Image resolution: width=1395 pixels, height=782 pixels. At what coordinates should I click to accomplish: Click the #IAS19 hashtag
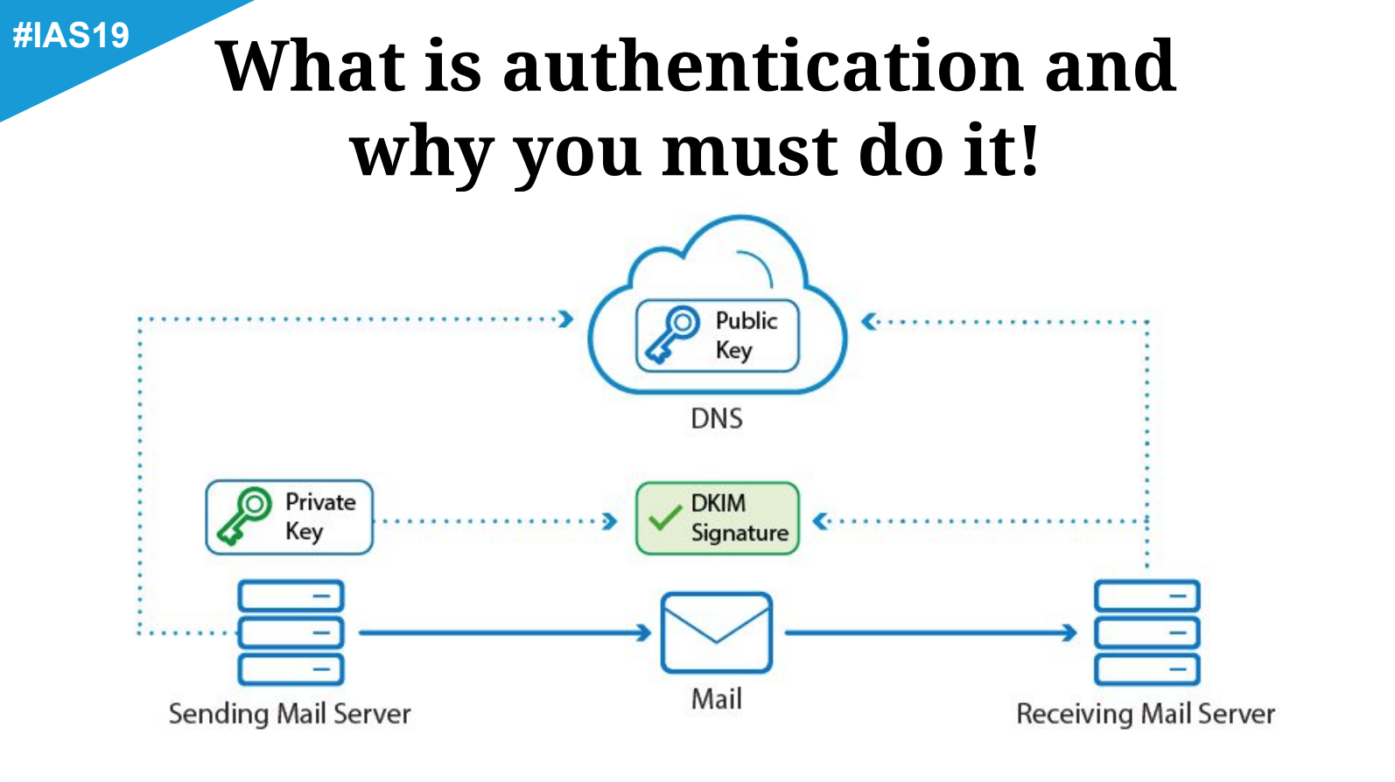pyautogui.click(x=71, y=35)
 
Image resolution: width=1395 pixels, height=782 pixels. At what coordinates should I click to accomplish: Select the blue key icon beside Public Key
pyautogui.click(x=671, y=335)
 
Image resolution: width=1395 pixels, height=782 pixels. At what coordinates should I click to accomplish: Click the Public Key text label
pyautogui.click(x=746, y=335)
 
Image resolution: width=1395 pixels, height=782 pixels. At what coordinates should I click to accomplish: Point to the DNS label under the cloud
pyautogui.click(x=716, y=419)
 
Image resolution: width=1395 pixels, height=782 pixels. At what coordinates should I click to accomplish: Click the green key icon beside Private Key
pyautogui.click(x=244, y=516)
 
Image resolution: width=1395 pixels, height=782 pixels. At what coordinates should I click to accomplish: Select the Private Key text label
pyautogui.click(x=319, y=516)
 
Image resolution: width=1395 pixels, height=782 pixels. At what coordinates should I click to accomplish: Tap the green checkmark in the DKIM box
pyautogui.click(x=664, y=518)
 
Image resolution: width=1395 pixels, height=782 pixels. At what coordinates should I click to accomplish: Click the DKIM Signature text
pyautogui.click(x=739, y=518)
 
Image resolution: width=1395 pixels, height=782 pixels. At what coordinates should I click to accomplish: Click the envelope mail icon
pyautogui.click(x=716, y=632)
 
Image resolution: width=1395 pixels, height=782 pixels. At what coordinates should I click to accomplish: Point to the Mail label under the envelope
pyautogui.click(x=716, y=699)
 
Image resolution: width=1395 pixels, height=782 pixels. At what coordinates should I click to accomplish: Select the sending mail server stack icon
pyautogui.click(x=291, y=632)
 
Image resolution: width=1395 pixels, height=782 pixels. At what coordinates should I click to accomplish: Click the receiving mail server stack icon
pyautogui.click(x=1146, y=632)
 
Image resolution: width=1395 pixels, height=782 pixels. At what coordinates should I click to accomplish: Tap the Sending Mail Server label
pyautogui.click(x=290, y=714)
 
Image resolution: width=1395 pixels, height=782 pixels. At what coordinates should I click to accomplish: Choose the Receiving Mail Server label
pyautogui.click(x=1145, y=714)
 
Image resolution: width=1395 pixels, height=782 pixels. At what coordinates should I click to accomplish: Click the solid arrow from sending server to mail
pyautogui.click(x=504, y=632)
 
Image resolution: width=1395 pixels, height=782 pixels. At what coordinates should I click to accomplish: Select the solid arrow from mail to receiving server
pyautogui.click(x=929, y=632)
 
